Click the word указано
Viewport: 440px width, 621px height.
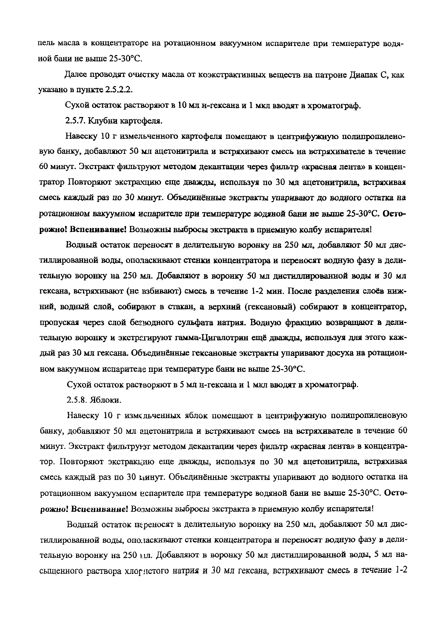[53, 90]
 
